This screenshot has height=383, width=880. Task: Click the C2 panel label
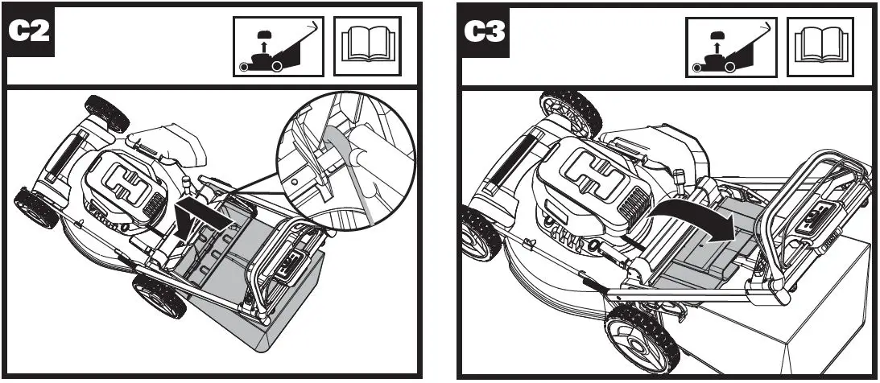click(x=30, y=33)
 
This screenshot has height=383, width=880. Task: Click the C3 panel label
click(x=483, y=33)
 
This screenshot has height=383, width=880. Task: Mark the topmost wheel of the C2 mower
click(x=106, y=113)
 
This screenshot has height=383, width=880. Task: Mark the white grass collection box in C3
click(x=805, y=322)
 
